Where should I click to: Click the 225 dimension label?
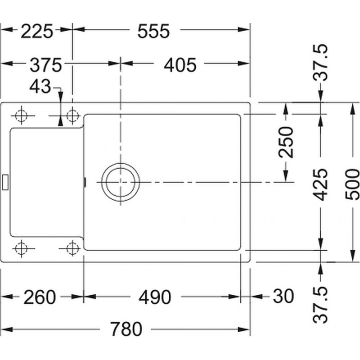click(37, 31)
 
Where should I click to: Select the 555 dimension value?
click(153, 31)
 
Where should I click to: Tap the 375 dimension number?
click(46, 65)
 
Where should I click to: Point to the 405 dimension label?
click(180, 65)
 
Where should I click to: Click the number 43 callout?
click(40, 86)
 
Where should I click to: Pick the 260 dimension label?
click(40, 297)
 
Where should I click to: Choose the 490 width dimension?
click(155, 297)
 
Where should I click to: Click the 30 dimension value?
click(283, 296)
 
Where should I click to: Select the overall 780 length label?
click(126, 329)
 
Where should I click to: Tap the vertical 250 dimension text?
click(286, 142)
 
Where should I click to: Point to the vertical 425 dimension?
click(321, 184)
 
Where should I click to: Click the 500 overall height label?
click(352, 184)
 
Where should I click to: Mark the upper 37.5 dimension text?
click(321, 62)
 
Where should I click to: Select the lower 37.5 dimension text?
click(321, 305)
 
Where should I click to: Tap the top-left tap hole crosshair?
click(21, 116)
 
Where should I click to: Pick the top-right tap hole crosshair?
click(72, 116)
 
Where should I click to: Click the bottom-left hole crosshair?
click(21, 248)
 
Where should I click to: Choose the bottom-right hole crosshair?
click(72, 248)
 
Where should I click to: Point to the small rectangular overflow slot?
click(5, 182)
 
